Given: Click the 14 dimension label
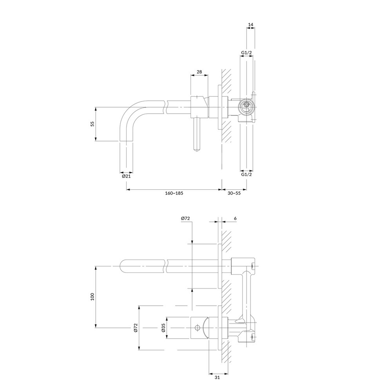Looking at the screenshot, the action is tap(251, 24).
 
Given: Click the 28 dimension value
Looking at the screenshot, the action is tap(199, 72).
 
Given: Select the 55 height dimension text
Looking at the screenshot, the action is tap(93, 124).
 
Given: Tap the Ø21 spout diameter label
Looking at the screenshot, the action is tap(126, 176).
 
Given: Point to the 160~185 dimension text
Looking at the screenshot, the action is tap(174, 193).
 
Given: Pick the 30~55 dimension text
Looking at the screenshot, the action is tap(234, 193).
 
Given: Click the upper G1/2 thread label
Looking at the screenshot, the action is tap(247, 53).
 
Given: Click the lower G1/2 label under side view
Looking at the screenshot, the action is tap(247, 174).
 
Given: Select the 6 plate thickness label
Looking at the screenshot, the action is tap(235, 218).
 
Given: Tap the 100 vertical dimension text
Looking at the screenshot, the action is tap(93, 296).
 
